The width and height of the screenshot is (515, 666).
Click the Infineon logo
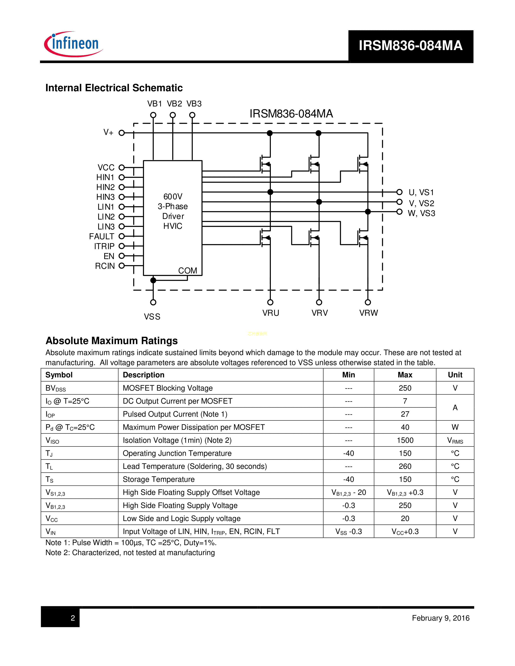click(x=74, y=44)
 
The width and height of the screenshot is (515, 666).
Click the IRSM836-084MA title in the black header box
click(x=410, y=46)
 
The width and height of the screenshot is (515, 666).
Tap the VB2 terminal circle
click(x=173, y=115)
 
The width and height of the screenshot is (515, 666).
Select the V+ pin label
click(x=108, y=132)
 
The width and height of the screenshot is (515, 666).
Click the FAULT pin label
click(x=102, y=236)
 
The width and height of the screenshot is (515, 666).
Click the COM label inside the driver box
click(x=187, y=270)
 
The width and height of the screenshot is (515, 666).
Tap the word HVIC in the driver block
click(x=173, y=226)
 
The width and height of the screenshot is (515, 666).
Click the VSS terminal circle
click(x=153, y=302)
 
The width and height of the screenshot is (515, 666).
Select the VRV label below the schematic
click(x=320, y=313)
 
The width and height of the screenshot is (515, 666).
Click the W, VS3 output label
click(x=421, y=213)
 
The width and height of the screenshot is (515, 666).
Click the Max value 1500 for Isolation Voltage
click(x=405, y=440)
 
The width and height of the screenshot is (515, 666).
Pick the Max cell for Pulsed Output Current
click(x=405, y=414)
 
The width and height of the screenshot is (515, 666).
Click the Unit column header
click(x=455, y=375)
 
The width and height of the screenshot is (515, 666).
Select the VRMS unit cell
click(x=455, y=440)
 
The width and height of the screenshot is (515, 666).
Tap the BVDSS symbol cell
click(x=56, y=388)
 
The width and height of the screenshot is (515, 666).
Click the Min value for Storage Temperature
click(x=348, y=479)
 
